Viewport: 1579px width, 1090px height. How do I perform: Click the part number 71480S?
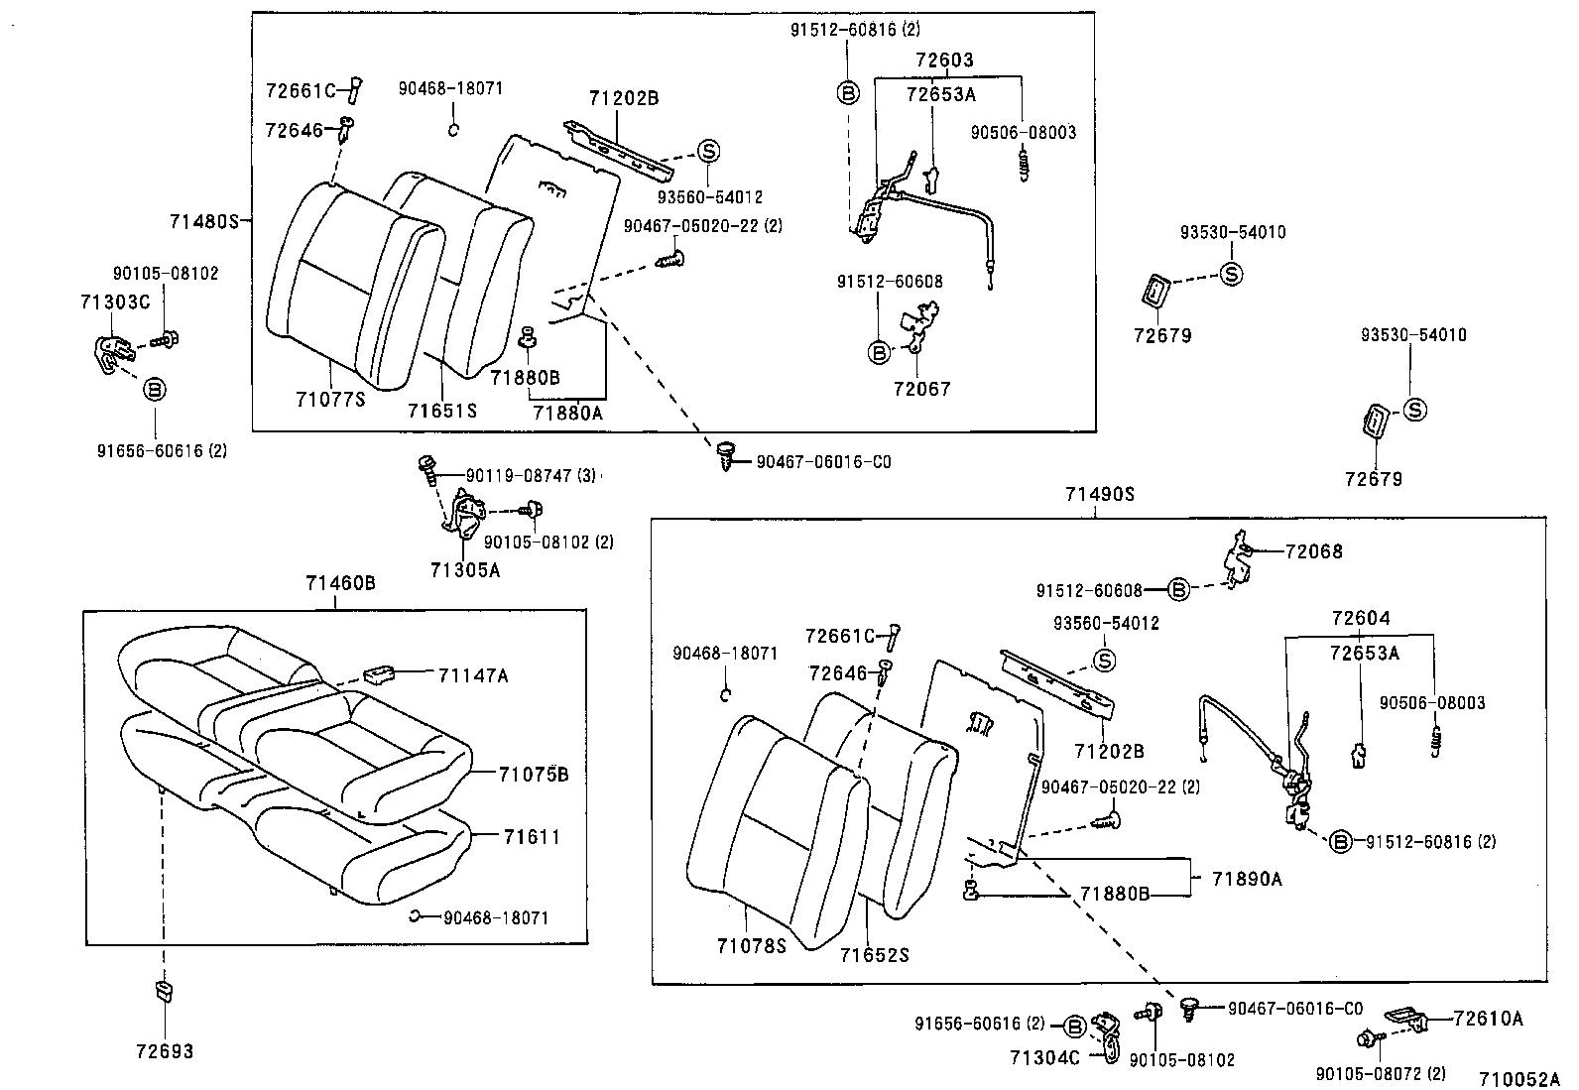tap(204, 221)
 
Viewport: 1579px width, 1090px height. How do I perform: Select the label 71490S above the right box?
tap(1099, 494)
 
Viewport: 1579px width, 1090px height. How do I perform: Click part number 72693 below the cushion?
tap(165, 1051)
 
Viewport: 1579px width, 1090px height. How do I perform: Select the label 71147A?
tap(473, 675)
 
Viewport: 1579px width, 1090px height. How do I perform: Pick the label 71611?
tap(532, 837)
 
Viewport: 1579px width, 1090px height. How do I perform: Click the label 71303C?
tap(115, 302)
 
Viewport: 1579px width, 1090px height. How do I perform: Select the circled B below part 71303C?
tap(154, 389)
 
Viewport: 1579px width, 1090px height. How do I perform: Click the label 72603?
tap(944, 61)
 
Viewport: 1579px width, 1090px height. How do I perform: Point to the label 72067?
tap(921, 389)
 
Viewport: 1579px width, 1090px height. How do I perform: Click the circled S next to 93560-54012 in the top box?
tap(708, 151)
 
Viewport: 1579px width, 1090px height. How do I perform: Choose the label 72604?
tap(1361, 619)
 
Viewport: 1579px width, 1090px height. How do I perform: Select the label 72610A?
tap(1488, 1019)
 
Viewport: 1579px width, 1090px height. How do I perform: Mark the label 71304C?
tap(1045, 1058)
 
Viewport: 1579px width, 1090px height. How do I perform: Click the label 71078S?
tap(751, 946)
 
